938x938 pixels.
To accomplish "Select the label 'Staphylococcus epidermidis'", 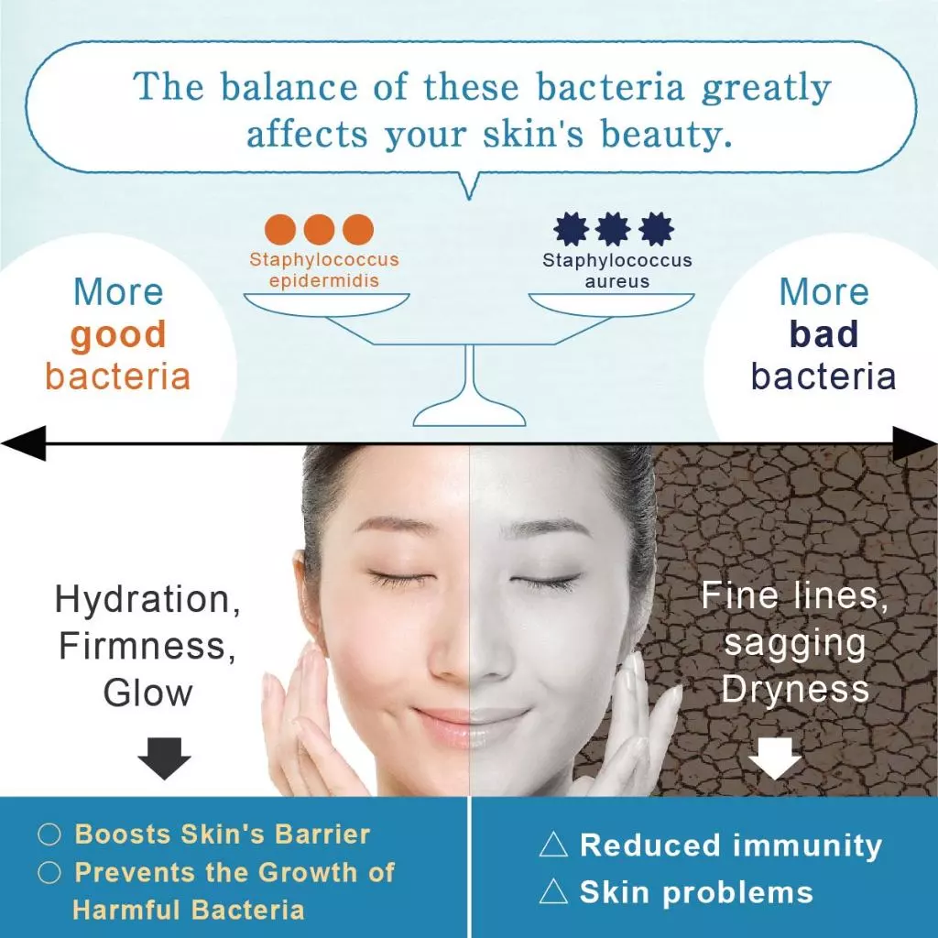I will pyautogui.click(x=324, y=269).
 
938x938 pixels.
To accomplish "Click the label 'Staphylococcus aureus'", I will pyautogui.click(x=616, y=270).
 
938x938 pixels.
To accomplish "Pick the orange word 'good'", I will pyautogui.click(x=118, y=335).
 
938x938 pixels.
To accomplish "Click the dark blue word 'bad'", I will pyautogui.click(x=823, y=335).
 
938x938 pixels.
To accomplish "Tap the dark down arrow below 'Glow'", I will pyautogui.click(x=164, y=758).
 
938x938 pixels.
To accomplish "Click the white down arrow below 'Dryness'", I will pyautogui.click(x=774, y=758).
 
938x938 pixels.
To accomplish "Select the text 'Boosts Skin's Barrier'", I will pyautogui.click(x=222, y=834).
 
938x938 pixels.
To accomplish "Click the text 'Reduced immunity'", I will pyautogui.click(x=730, y=845).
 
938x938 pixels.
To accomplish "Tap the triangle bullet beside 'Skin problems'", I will pyautogui.click(x=553, y=892).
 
